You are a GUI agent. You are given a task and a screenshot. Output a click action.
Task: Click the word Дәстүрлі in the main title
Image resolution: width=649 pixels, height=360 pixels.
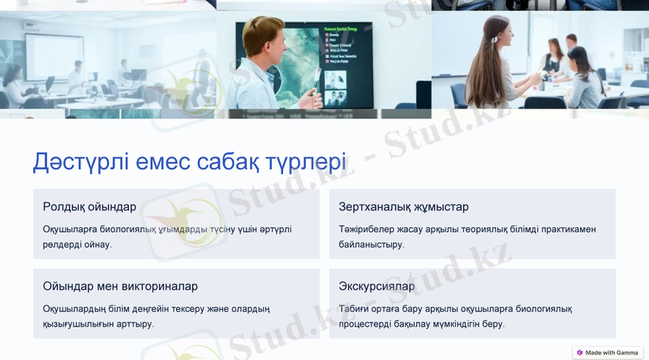coord(77,161)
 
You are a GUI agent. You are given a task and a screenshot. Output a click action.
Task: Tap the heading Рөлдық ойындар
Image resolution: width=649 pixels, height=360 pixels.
coord(89,207)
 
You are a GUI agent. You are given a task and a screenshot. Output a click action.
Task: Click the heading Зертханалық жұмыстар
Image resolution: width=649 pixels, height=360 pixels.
coord(403,207)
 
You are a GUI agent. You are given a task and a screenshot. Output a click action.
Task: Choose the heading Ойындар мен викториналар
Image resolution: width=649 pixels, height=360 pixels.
coord(120,286)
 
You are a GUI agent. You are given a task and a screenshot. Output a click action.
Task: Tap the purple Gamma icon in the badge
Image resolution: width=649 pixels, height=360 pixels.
coord(580,353)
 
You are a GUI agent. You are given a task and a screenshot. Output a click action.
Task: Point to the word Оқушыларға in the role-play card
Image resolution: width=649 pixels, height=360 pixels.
coord(71,229)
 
